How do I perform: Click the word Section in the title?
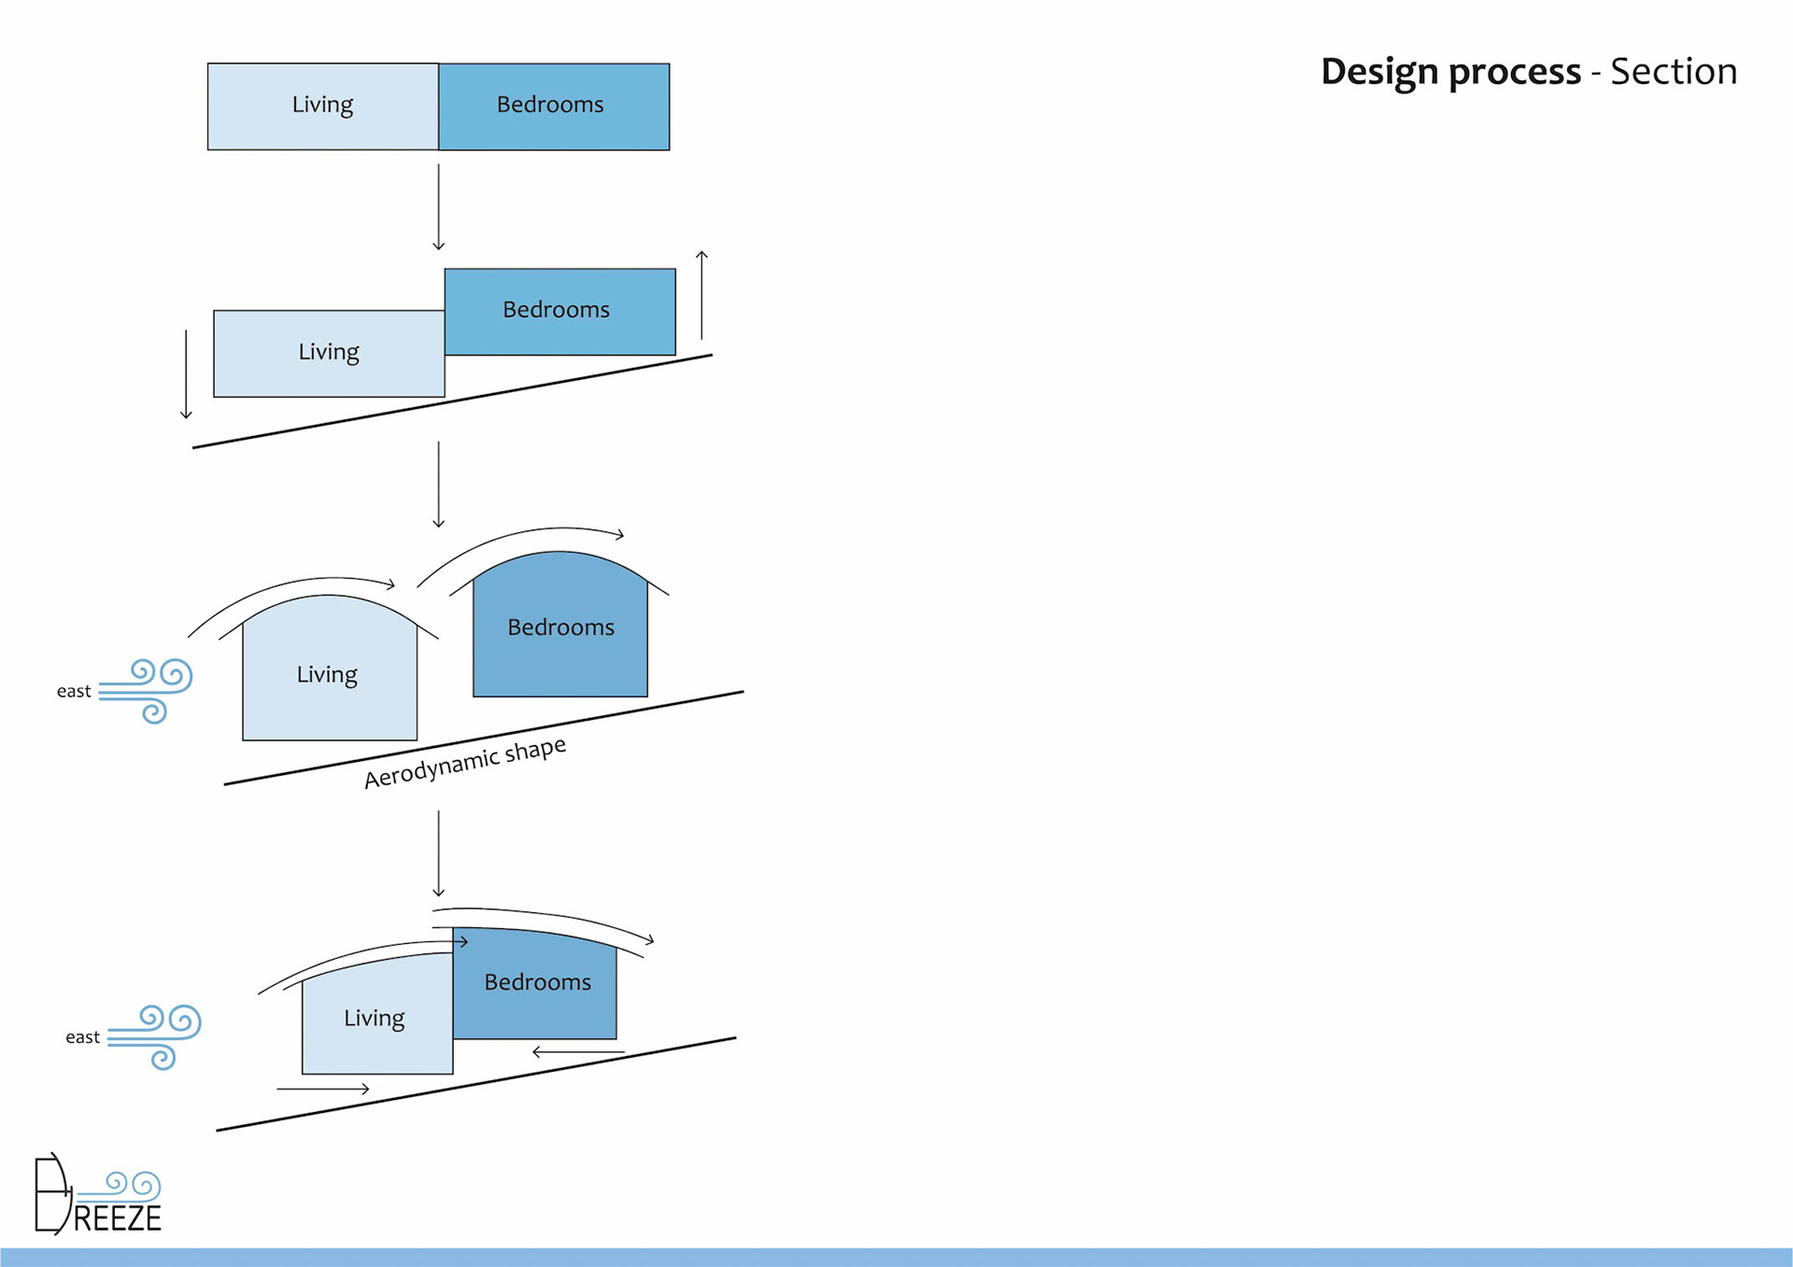(1673, 72)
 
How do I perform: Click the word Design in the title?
(1378, 73)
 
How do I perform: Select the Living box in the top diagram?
(323, 106)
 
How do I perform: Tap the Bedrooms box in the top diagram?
(554, 106)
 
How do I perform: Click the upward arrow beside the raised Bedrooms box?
(702, 295)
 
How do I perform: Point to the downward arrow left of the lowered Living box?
(187, 374)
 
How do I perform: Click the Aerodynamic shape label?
(464, 762)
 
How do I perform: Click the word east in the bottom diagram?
(82, 1037)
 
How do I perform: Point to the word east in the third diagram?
(74, 691)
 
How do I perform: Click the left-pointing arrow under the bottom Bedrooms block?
(578, 1052)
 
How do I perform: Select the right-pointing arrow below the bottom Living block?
(323, 1089)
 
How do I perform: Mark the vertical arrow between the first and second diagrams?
(439, 207)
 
